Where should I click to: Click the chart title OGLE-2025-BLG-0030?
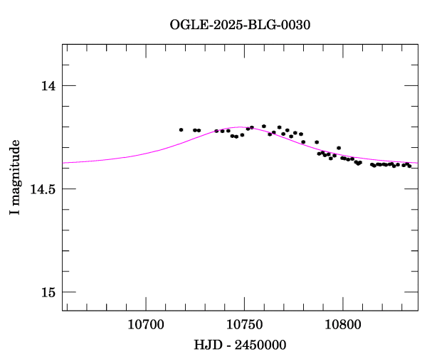(x=240, y=24)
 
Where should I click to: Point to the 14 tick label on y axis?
(x=48, y=86)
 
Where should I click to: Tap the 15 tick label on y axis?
(x=48, y=292)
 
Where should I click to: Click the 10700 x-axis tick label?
(x=145, y=325)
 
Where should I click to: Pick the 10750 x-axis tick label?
(x=244, y=325)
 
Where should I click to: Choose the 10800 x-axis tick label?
(x=342, y=325)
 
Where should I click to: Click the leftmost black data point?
(x=181, y=129)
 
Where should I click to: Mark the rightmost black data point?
(x=409, y=166)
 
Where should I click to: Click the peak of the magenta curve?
(x=241, y=127)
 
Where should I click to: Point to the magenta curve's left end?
(x=63, y=163)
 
